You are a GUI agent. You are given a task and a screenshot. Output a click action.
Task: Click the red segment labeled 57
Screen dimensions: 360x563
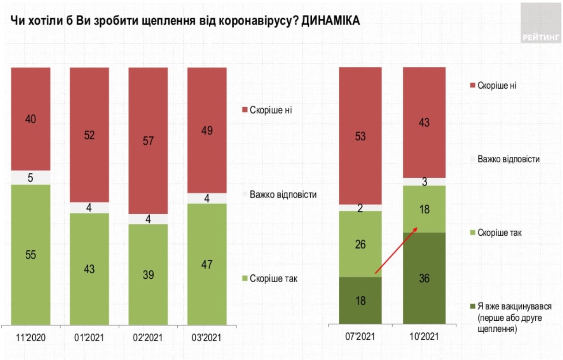click(x=148, y=140)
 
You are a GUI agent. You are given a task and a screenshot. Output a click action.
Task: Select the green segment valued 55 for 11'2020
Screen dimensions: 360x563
click(x=30, y=254)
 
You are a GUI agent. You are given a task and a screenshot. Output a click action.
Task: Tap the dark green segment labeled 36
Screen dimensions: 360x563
click(x=424, y=278)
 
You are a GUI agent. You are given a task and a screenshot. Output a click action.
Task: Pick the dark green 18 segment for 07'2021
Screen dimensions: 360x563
click(x=361, y=300)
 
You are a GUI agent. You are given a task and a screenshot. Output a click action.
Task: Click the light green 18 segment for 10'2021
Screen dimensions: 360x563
click(x=424, y=209)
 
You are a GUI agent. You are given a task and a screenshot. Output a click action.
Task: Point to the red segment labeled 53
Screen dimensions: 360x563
click(x=361, y=136)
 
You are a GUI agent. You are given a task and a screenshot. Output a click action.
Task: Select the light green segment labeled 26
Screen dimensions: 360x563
click(x=361, y=244)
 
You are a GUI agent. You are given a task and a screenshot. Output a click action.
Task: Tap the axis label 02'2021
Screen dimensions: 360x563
click(x=148, y=337)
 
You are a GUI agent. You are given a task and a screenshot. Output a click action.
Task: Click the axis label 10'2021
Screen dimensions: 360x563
click(x=424, y=337)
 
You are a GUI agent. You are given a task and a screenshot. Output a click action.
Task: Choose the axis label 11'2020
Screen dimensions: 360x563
click(x=30, y=337)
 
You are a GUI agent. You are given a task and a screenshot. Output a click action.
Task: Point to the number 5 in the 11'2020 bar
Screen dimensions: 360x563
click(x=30, y=178)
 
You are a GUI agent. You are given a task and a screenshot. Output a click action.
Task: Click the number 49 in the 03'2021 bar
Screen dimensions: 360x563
click(x=207, y=131)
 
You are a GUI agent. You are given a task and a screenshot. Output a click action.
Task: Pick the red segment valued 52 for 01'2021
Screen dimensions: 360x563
click(x=89, y=135)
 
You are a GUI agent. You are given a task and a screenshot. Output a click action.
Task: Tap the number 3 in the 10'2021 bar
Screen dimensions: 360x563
click(x=424, y=182)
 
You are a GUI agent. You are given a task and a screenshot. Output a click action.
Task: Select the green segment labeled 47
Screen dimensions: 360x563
click(x=207, y=264)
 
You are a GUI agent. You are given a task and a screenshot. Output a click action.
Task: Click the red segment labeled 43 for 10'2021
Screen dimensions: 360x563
click(x=424, y=122)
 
